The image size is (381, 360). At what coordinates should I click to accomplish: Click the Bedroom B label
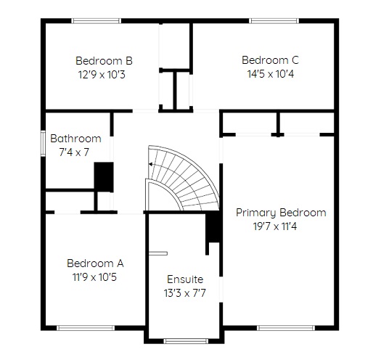(x=104, y=61)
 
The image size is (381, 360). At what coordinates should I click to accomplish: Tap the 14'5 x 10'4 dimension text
(x=271, y=73)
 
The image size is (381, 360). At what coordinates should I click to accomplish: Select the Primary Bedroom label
(x=281, y=213)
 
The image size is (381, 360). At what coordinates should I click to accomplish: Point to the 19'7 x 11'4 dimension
(x=275, y=226)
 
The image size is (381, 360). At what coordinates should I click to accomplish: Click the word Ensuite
(x=185, y=279)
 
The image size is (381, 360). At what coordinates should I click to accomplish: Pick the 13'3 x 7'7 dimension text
(x=185, y=293)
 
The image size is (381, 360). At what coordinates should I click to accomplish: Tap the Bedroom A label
(x=95, y=263)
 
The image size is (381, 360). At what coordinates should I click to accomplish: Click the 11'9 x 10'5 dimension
(x=95, y=277)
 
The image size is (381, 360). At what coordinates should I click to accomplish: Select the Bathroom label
(x=75, y=139)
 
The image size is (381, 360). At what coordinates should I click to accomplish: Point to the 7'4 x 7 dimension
(x=74, y=152)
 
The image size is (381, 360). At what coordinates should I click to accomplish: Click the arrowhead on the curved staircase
(x=150, y=164)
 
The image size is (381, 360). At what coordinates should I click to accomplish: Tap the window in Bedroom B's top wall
(x=97, y=21)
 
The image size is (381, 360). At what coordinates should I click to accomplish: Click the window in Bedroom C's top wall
(x=274, y=21)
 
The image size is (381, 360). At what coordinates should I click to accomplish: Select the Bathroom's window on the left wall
(x=43, y=144)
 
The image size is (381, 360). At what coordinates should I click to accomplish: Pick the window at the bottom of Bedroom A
(x=86, y=328)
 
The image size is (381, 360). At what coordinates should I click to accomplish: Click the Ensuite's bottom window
(x=186, y=341)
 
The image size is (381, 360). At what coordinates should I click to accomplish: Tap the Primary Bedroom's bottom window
(x=286, y=328)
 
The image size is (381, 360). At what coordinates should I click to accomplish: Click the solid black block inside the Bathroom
(x=104, y=177)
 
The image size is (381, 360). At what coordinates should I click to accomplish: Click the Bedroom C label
(x=270, y=60)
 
